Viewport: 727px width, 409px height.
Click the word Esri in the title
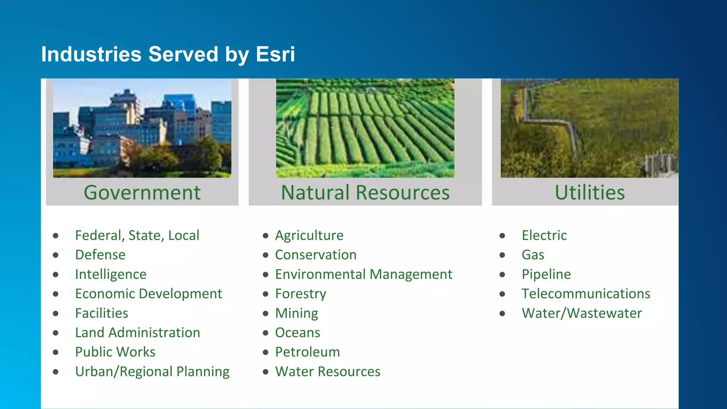pyautogui.click(x=275, y=54)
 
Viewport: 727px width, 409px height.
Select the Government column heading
pyautogui.click(x=142, y=192)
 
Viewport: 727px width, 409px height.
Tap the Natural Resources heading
pyautogui.click(x=365, y=192)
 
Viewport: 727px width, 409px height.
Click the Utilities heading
pyautogui.click(x=590, y=192)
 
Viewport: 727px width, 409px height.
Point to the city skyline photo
pyautogui.click(x=142, y=128)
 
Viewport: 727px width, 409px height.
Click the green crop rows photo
pyautogui.click(x=365, y=128)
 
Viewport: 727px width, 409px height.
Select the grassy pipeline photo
pyautogui.click(x=589, y=128)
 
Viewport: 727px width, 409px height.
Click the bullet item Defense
pyautogui.click(x=100, y=255)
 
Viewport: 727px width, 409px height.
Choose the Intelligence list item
pyautogui.click(x=111, y=274)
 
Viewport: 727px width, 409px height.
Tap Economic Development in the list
pyautogui.click(x=148, y=294)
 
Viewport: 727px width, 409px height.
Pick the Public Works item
pyautogui.click(x=115, y=352)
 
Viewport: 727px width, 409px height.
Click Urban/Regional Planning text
pyautogui.click(x=152, y=372)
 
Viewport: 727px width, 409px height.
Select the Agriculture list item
pyautogui.click(x=309, y=235)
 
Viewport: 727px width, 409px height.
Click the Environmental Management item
pyautogui.click(x=363, y=274)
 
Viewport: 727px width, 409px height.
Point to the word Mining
pyautogui.click(x=296, y=313)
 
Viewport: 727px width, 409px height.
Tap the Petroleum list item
pyautogui.click(x=307, y=352)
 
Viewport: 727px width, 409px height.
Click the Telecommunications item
pyautogui.click(x=586, y=294)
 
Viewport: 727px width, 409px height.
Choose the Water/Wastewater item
pyautogui.click(x=581, y=313)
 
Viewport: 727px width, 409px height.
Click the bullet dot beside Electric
pyautogui.click(x=502, y=236)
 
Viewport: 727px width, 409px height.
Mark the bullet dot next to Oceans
pyautogui.click(x=266, y=333)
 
